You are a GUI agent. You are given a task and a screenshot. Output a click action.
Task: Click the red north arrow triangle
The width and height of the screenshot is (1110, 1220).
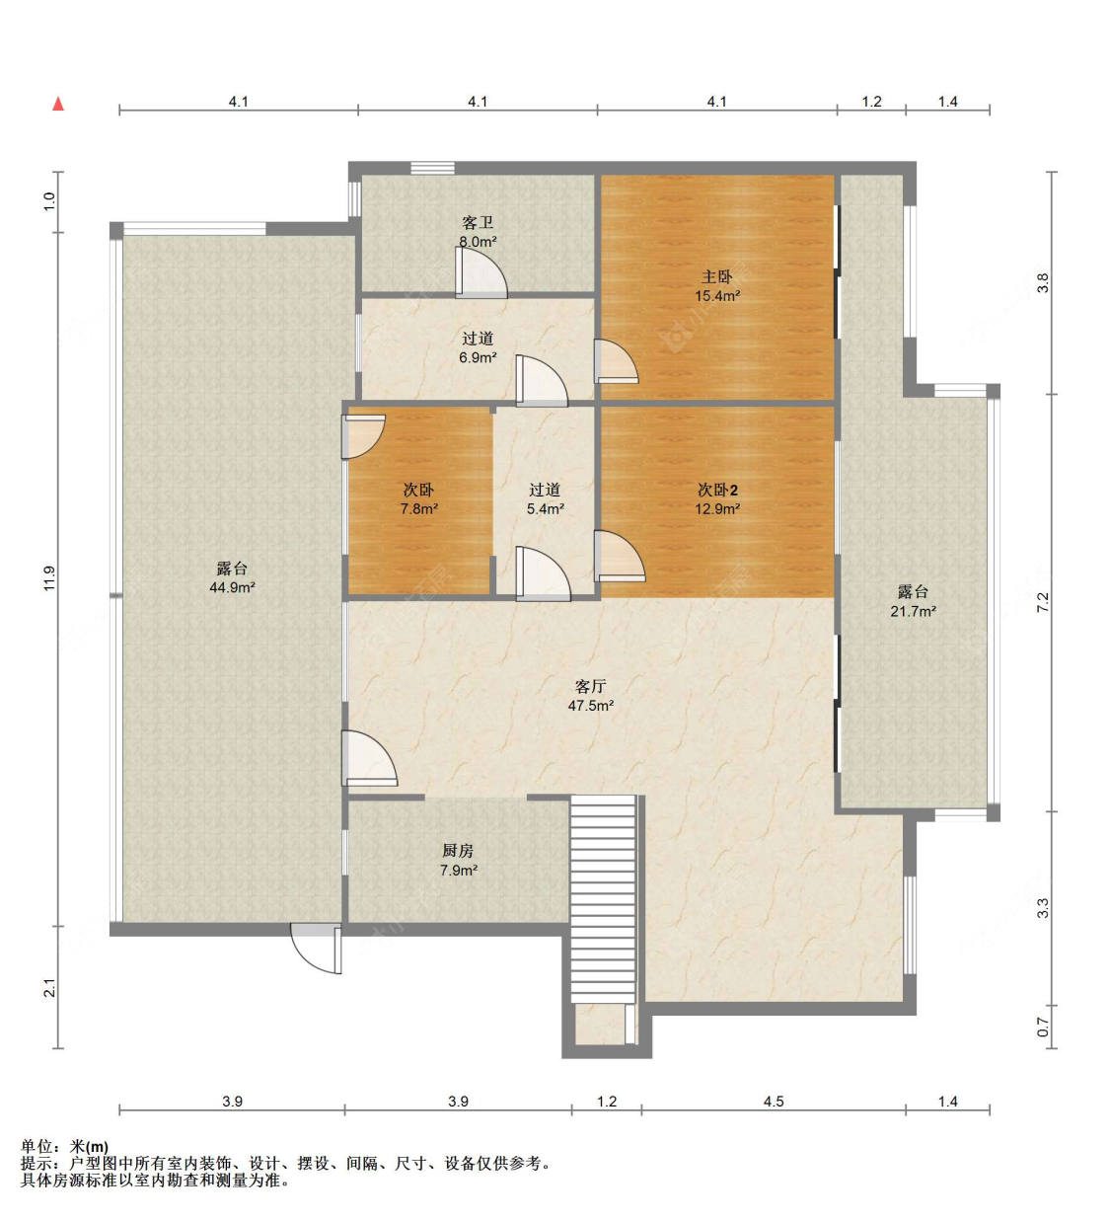point(58,104)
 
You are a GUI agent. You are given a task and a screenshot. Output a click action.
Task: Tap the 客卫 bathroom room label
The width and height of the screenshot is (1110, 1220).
point(478,223)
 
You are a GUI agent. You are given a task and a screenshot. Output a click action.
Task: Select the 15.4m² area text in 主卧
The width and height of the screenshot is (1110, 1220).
point(717,296)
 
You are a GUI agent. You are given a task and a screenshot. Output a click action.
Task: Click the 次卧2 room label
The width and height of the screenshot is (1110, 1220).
point(717,490)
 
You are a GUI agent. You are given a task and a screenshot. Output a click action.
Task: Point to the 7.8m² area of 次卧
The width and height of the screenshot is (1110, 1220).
point(419,508)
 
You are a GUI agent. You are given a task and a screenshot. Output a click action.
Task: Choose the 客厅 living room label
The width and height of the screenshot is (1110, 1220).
point(591,687)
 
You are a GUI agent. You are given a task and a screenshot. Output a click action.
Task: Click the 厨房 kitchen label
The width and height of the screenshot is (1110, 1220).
point(458,851)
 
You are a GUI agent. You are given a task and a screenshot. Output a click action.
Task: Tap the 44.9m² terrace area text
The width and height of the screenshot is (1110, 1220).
point(232,587)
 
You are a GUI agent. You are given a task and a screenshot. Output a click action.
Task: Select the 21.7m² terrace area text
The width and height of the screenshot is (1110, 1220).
point(913,611)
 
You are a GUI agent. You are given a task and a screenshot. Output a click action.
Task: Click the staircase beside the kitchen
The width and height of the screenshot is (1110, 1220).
point(604,900)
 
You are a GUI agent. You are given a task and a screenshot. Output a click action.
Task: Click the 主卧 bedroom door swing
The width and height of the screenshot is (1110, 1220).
point(616,361)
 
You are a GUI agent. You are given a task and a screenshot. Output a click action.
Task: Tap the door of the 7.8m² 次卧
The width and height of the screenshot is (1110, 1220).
point(363,436)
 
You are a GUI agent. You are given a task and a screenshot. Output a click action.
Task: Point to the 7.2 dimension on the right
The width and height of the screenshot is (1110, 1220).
point(1043,602)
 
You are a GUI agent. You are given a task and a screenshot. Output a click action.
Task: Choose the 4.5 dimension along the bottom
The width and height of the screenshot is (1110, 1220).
point(773,1102)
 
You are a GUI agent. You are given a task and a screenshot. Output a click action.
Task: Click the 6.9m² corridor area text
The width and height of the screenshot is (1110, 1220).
point(478,357)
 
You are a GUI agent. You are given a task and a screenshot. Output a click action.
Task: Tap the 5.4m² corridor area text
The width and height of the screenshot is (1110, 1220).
point(545,508)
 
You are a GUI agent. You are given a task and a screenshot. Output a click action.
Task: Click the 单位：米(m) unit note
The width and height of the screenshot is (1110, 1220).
point(64,1146)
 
